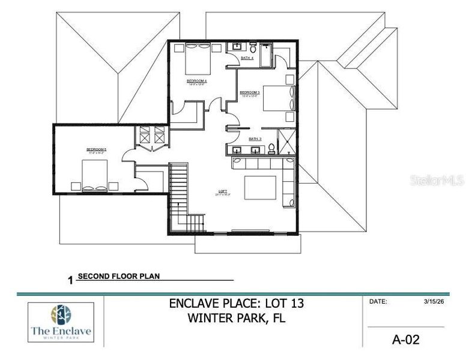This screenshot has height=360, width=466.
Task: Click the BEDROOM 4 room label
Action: (196, 80)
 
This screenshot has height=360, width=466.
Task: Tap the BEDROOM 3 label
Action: (249, 92)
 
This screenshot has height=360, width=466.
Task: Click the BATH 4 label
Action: (247, 58)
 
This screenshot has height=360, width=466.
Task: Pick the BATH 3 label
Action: (255, 138)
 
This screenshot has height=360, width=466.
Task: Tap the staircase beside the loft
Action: (180, 198)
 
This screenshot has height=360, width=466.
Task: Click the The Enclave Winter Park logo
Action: (61, 322)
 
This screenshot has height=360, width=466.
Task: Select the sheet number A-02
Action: (405, 340)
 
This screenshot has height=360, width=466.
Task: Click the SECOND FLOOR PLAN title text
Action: (119, 277)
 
